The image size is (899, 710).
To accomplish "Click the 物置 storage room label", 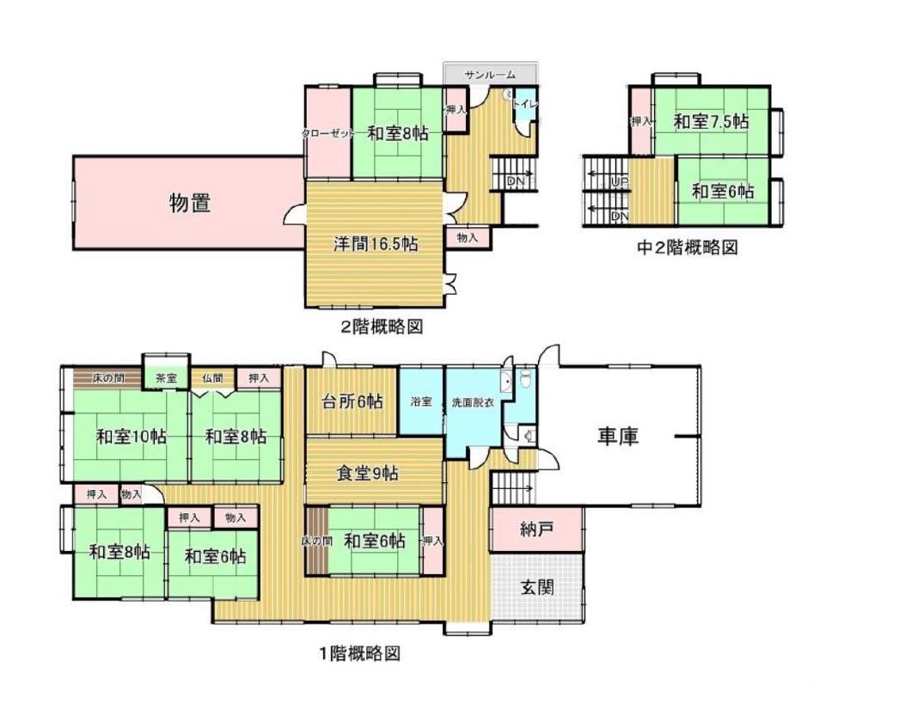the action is click(190, 203).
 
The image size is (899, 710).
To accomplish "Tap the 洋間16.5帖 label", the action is click(376, 244).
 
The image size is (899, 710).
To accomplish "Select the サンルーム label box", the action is click(490, 75).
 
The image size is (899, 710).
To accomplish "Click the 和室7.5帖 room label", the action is click(711, 121).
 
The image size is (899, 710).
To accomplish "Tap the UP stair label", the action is click(620, 182).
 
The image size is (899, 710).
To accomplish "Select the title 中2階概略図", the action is click(688, 248).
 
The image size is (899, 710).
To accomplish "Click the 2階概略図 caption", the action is click(382, 327).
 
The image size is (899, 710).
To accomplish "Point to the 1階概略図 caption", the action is click(359, 653).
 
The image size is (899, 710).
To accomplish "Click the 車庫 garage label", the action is click(618, 437).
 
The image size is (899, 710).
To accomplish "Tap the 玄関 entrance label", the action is click(537, 587).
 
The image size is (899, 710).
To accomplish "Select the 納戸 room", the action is click(536, 529).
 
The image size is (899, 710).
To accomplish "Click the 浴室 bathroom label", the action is click(421, 401).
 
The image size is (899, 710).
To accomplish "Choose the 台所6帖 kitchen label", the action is click(352, 401).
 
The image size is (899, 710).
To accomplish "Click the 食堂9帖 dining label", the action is click(367, 474).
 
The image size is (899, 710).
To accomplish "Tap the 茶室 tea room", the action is click(166, 378).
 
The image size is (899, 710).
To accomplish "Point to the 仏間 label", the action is click(212, 378).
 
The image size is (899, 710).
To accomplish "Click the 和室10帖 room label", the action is click(131, 437).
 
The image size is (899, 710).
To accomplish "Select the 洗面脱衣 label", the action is click(473, 402).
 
